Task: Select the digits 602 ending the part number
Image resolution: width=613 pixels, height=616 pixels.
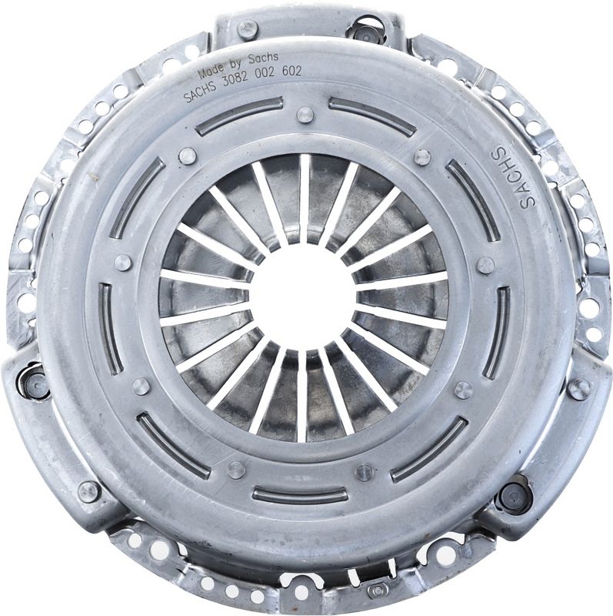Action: click(291, 72)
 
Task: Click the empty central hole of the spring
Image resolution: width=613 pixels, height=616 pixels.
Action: click(303, 296)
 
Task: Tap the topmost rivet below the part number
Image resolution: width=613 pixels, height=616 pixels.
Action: click(305, 115)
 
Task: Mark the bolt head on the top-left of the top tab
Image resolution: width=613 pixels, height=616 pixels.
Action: click(247, 28)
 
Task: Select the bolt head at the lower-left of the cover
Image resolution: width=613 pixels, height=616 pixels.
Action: click(89, 490)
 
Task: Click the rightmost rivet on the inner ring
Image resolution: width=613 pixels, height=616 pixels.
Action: click(485, 265)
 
